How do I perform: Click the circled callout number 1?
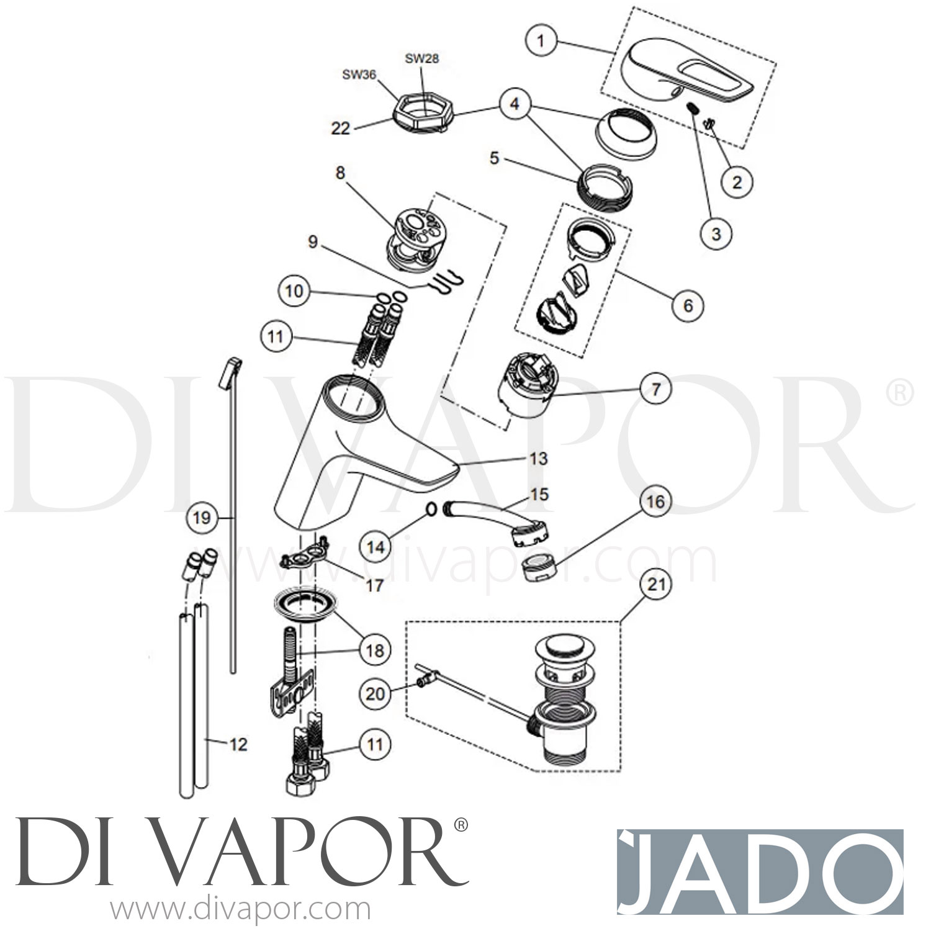pyautogui.click(x=541, y=42)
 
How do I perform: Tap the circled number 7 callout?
pyautogui.click(x=656, y=390)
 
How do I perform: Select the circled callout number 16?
pyautogui.click(x=655, y=501)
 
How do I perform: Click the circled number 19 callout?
pyautogui.click(x=202, y=517)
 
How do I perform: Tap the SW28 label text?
pyautogui.click(x=422, y=59)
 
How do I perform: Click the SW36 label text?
pyautogui.click(x=359, y=74)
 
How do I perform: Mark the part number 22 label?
pyautogui.click(x=341, y=128)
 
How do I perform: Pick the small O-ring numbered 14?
pyautogui.click(x=431, y=510)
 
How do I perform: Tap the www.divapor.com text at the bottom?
pyautogui.click(x=240, y=911)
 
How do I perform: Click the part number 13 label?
pyautogui.click(x=538, y=458)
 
